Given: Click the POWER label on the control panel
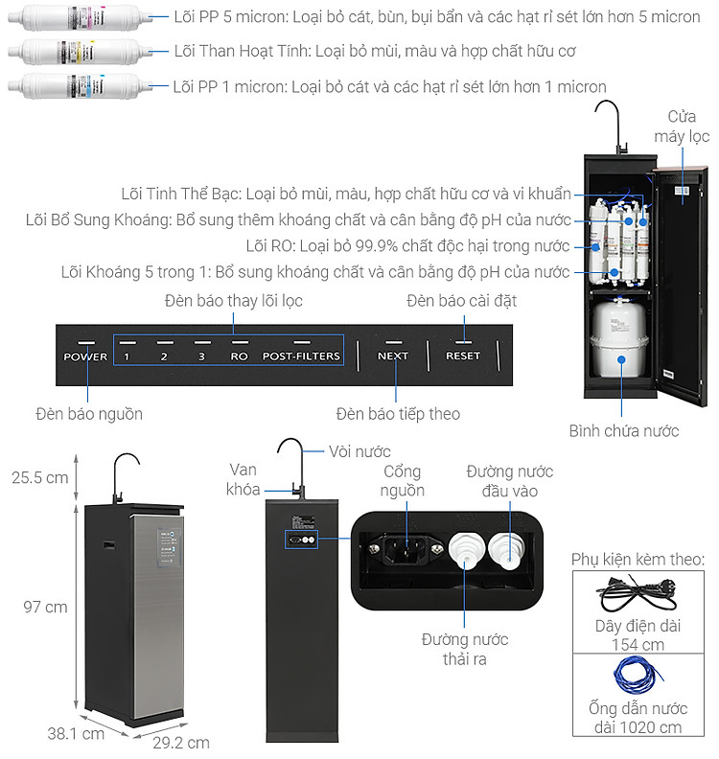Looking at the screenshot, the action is point(85,356).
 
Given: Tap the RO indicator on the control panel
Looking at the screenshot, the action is point(239,356).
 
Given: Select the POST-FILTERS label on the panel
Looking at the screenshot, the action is point(301,356).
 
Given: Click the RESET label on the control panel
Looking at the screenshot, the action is point(463,356).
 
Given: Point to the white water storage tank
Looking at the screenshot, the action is point(618,338).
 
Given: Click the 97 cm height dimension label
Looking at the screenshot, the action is point(45,607).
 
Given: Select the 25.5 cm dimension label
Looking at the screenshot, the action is point(40,478).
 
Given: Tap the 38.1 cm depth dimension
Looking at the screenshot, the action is point(76,734).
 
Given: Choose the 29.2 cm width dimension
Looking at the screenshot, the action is point(181,743).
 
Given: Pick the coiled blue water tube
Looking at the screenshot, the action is point(637,675).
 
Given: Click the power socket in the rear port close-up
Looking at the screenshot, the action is point(406,549).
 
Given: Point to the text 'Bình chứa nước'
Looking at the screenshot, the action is point(624,431).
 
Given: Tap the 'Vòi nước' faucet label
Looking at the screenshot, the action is point(359,451).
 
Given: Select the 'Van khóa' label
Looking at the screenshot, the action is point(244,479).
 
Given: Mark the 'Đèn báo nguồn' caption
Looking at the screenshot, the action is point(89,414).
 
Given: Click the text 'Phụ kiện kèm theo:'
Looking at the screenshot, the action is point(638,560).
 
